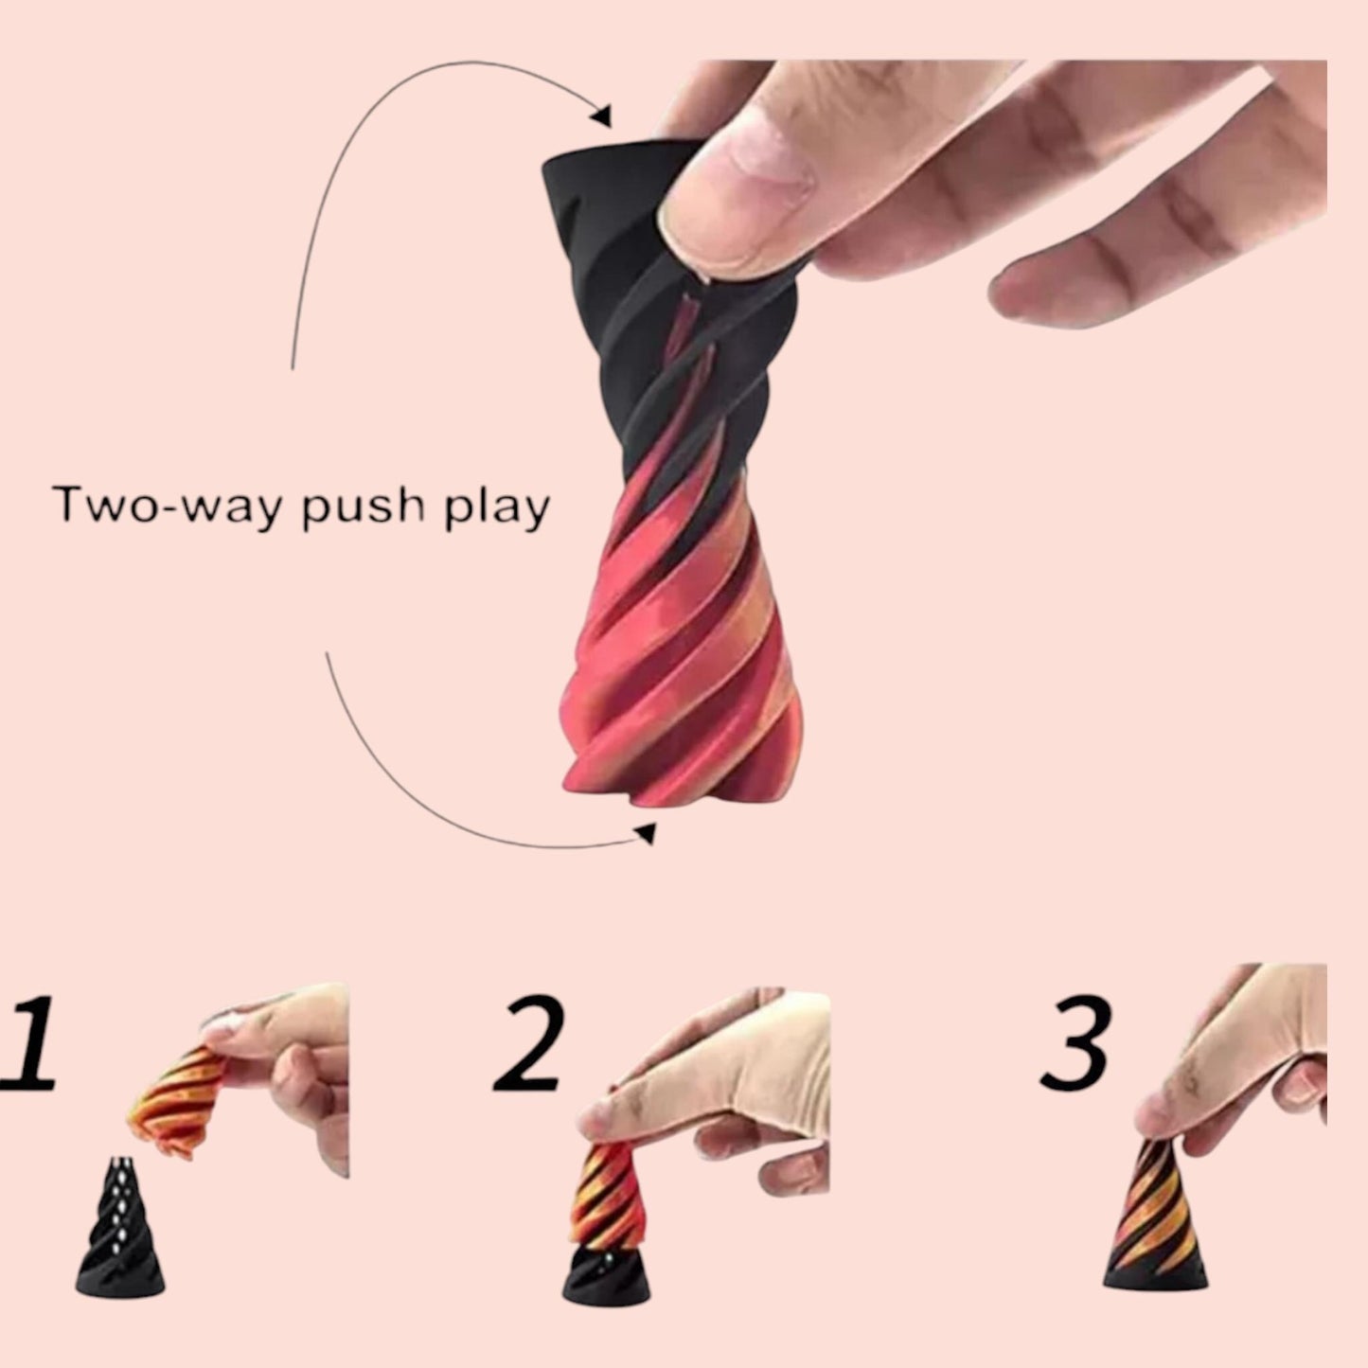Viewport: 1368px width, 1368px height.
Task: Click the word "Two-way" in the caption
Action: click(x=168, y=506)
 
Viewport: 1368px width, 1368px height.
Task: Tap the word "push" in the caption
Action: click(x=363, y=507)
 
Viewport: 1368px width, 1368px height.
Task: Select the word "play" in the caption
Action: click(x=497, y=507)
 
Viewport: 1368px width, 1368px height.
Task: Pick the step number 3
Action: click(x=1075, y=1042)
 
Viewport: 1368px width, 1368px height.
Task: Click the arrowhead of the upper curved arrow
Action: click(x=602, y=115)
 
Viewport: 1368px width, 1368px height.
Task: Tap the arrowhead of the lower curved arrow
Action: click(x=646, y=833)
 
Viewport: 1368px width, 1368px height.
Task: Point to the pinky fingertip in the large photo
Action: click(x=1015, y=291)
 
